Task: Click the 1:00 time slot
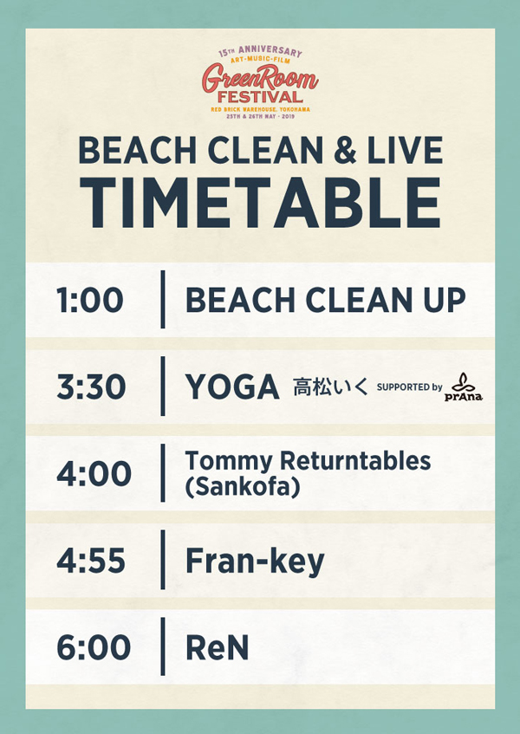click(x=90, y=300)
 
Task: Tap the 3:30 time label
click(x=91, y=386)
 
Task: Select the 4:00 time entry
click(x=94, y=473)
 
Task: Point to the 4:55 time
click(x=91, y=561)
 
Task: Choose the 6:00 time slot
click(x=94, y=647)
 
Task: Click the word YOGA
click(x=232, y=387)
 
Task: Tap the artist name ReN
click(x=217, y=648)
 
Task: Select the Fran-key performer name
click(x=255, y=562)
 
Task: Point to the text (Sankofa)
click(x=243, y=487)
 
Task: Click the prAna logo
click(x=464, y=387)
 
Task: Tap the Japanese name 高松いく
click(x=330, y=387)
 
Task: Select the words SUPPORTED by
click(x=410, y=387)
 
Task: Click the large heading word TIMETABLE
click(x=260, y=203)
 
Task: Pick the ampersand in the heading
click(x=345, y=151)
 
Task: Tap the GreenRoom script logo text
click(x=260, y=78)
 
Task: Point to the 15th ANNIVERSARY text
click(x=260, y=51)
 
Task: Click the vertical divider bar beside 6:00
click(x=163, y=646)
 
